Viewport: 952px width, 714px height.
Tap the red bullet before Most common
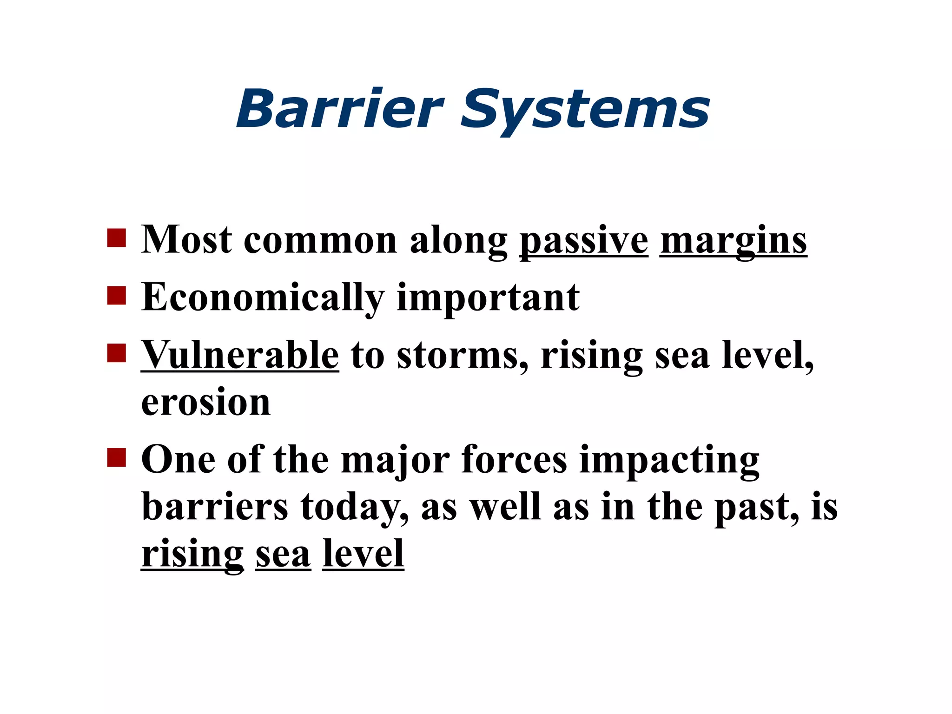click(116, 238)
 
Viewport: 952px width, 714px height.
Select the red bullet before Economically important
click(116, 295)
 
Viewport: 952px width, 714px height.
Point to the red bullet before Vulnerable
click(116, 353)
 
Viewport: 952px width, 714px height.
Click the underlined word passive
click(583, 241)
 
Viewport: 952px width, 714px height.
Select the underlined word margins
click(733, 241)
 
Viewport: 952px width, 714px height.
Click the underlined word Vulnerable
click(240, 355)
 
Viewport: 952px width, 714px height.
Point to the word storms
click(463, 356)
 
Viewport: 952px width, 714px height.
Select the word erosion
click(205, 403)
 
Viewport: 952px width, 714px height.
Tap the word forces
click(514, 460)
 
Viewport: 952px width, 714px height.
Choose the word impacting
click(669, 461)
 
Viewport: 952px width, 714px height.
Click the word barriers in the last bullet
click(215, 507)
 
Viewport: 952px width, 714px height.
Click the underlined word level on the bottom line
click(363, 554)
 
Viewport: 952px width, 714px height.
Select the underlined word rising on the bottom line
click(192, 555)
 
